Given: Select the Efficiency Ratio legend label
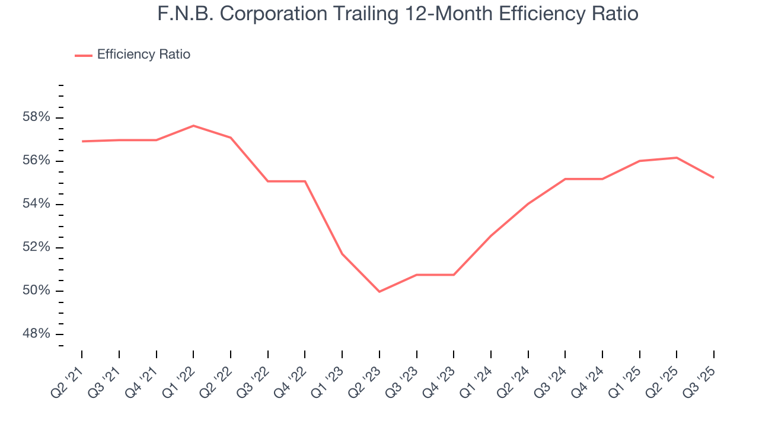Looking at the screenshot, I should (143, 55).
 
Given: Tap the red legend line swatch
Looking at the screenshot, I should (83, 55).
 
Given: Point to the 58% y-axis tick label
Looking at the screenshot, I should (36, 117).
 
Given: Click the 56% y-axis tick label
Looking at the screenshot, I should (36, 161).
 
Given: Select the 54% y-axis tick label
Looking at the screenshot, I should (36, 204).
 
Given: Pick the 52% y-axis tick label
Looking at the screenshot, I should (36, 247).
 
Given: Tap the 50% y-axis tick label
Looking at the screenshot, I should (36, 291).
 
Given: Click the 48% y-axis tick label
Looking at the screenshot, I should (36, 334).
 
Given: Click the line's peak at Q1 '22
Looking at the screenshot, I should (193, 125).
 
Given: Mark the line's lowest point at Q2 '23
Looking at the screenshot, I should (379, 292).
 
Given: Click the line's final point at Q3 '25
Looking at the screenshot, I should (713, 177).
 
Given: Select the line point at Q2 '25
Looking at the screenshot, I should (677, 158).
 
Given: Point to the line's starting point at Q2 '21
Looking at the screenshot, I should (82, 141).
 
